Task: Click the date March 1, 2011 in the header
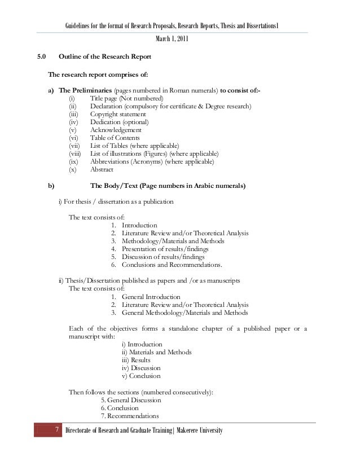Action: (x=172, y=39)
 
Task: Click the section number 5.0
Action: (x=42, y=57)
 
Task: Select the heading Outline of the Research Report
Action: (x=104, y=57)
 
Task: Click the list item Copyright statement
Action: (x=118, y=115)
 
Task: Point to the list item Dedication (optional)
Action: (x=120, y=122)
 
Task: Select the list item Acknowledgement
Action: (x=117, y=130)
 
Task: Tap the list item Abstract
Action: (x=102, y=170)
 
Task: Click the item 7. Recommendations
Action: (x=130, y=416)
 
